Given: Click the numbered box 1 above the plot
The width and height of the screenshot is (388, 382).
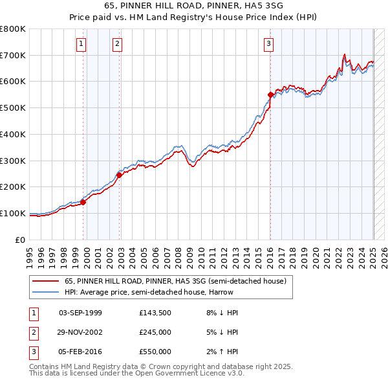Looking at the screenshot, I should pos(81,44).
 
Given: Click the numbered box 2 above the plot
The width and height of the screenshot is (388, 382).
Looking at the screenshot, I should pos(117,44).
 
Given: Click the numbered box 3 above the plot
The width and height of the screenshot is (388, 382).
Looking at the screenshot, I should pos(268,44).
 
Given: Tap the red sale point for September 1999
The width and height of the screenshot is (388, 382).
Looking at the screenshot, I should pos(83,201).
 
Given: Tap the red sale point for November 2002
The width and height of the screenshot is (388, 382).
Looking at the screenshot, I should pos(120,174).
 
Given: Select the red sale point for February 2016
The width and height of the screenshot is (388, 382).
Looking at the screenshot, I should pos(270,95).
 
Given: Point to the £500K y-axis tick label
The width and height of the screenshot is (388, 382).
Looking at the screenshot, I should pos(13,107).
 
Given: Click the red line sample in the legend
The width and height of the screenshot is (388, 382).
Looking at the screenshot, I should pos(46,281).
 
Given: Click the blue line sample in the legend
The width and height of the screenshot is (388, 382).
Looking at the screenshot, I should pos(46,292).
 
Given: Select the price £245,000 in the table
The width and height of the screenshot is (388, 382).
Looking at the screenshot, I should pos(155,332).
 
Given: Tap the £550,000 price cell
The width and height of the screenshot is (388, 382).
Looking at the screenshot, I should pos(155,352).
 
